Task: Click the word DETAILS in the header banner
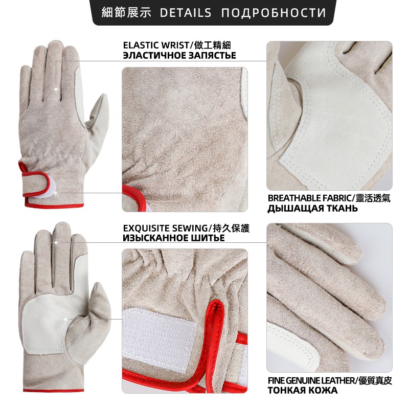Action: pos(185,12)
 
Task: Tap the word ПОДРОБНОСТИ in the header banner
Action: pos(274,13)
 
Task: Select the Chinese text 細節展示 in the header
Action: pos(126,12)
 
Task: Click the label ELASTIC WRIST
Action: pos(155,46)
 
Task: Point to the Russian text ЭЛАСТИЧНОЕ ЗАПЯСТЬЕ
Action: pos(179,56)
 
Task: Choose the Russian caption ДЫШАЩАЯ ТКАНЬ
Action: pos(312,209)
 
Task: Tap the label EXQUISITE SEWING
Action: pos(165,228)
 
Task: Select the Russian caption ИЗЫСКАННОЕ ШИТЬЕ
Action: pos(174,238)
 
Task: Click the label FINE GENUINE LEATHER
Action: pos(311,381)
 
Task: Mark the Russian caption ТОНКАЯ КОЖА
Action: pos(303,391)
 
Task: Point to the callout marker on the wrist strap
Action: pos(55,193)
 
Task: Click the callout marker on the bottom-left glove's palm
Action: pos(65,319)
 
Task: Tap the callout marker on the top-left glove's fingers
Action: pos(56,89)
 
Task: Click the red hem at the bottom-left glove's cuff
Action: pos(54,391)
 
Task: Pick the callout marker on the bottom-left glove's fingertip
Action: pos(56,242)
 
